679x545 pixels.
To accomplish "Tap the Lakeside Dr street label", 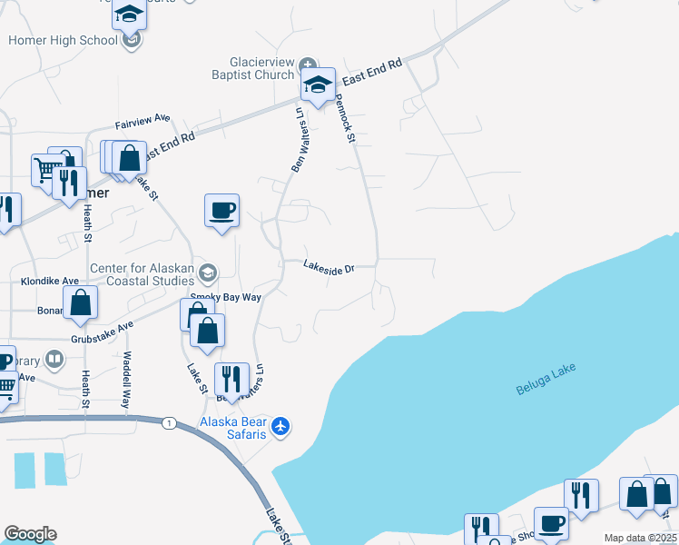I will tap(328, 268).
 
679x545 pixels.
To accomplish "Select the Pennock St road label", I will tap(345, 119).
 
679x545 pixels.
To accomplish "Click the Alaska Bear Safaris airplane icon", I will tap(281, 424).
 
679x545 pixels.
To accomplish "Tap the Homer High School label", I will tap(63, 40).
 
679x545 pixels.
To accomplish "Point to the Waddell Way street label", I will tap(127, 372).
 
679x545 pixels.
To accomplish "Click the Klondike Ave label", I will tap(34, 282).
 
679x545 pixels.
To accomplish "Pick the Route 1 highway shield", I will tap(169, 423).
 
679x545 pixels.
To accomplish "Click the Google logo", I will tap(30, 534).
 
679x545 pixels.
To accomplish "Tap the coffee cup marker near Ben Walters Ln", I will tap(221, 213).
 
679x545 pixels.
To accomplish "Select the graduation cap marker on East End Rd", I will tap(318, 86).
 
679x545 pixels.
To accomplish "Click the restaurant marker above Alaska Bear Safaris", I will tap(231, 379).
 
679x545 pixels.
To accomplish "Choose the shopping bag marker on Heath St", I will tap(80, 303).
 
